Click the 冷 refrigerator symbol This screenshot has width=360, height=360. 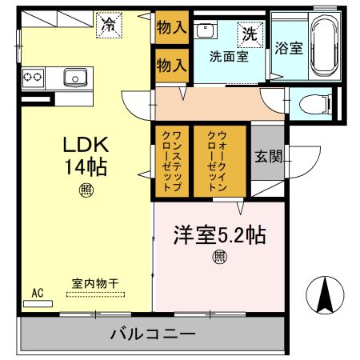106,25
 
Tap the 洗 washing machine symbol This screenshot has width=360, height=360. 249,34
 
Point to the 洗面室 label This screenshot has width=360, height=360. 228,57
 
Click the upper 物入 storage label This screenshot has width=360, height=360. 171,29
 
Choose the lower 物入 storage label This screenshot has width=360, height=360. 171,64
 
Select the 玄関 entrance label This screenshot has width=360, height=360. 268,157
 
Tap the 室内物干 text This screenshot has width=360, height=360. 94,283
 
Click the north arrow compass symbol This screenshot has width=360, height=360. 326,295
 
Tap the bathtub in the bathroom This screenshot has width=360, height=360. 324,46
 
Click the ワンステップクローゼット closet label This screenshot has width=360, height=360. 171,160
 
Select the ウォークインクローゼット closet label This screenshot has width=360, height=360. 217,160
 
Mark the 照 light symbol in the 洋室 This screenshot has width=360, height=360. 218,257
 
